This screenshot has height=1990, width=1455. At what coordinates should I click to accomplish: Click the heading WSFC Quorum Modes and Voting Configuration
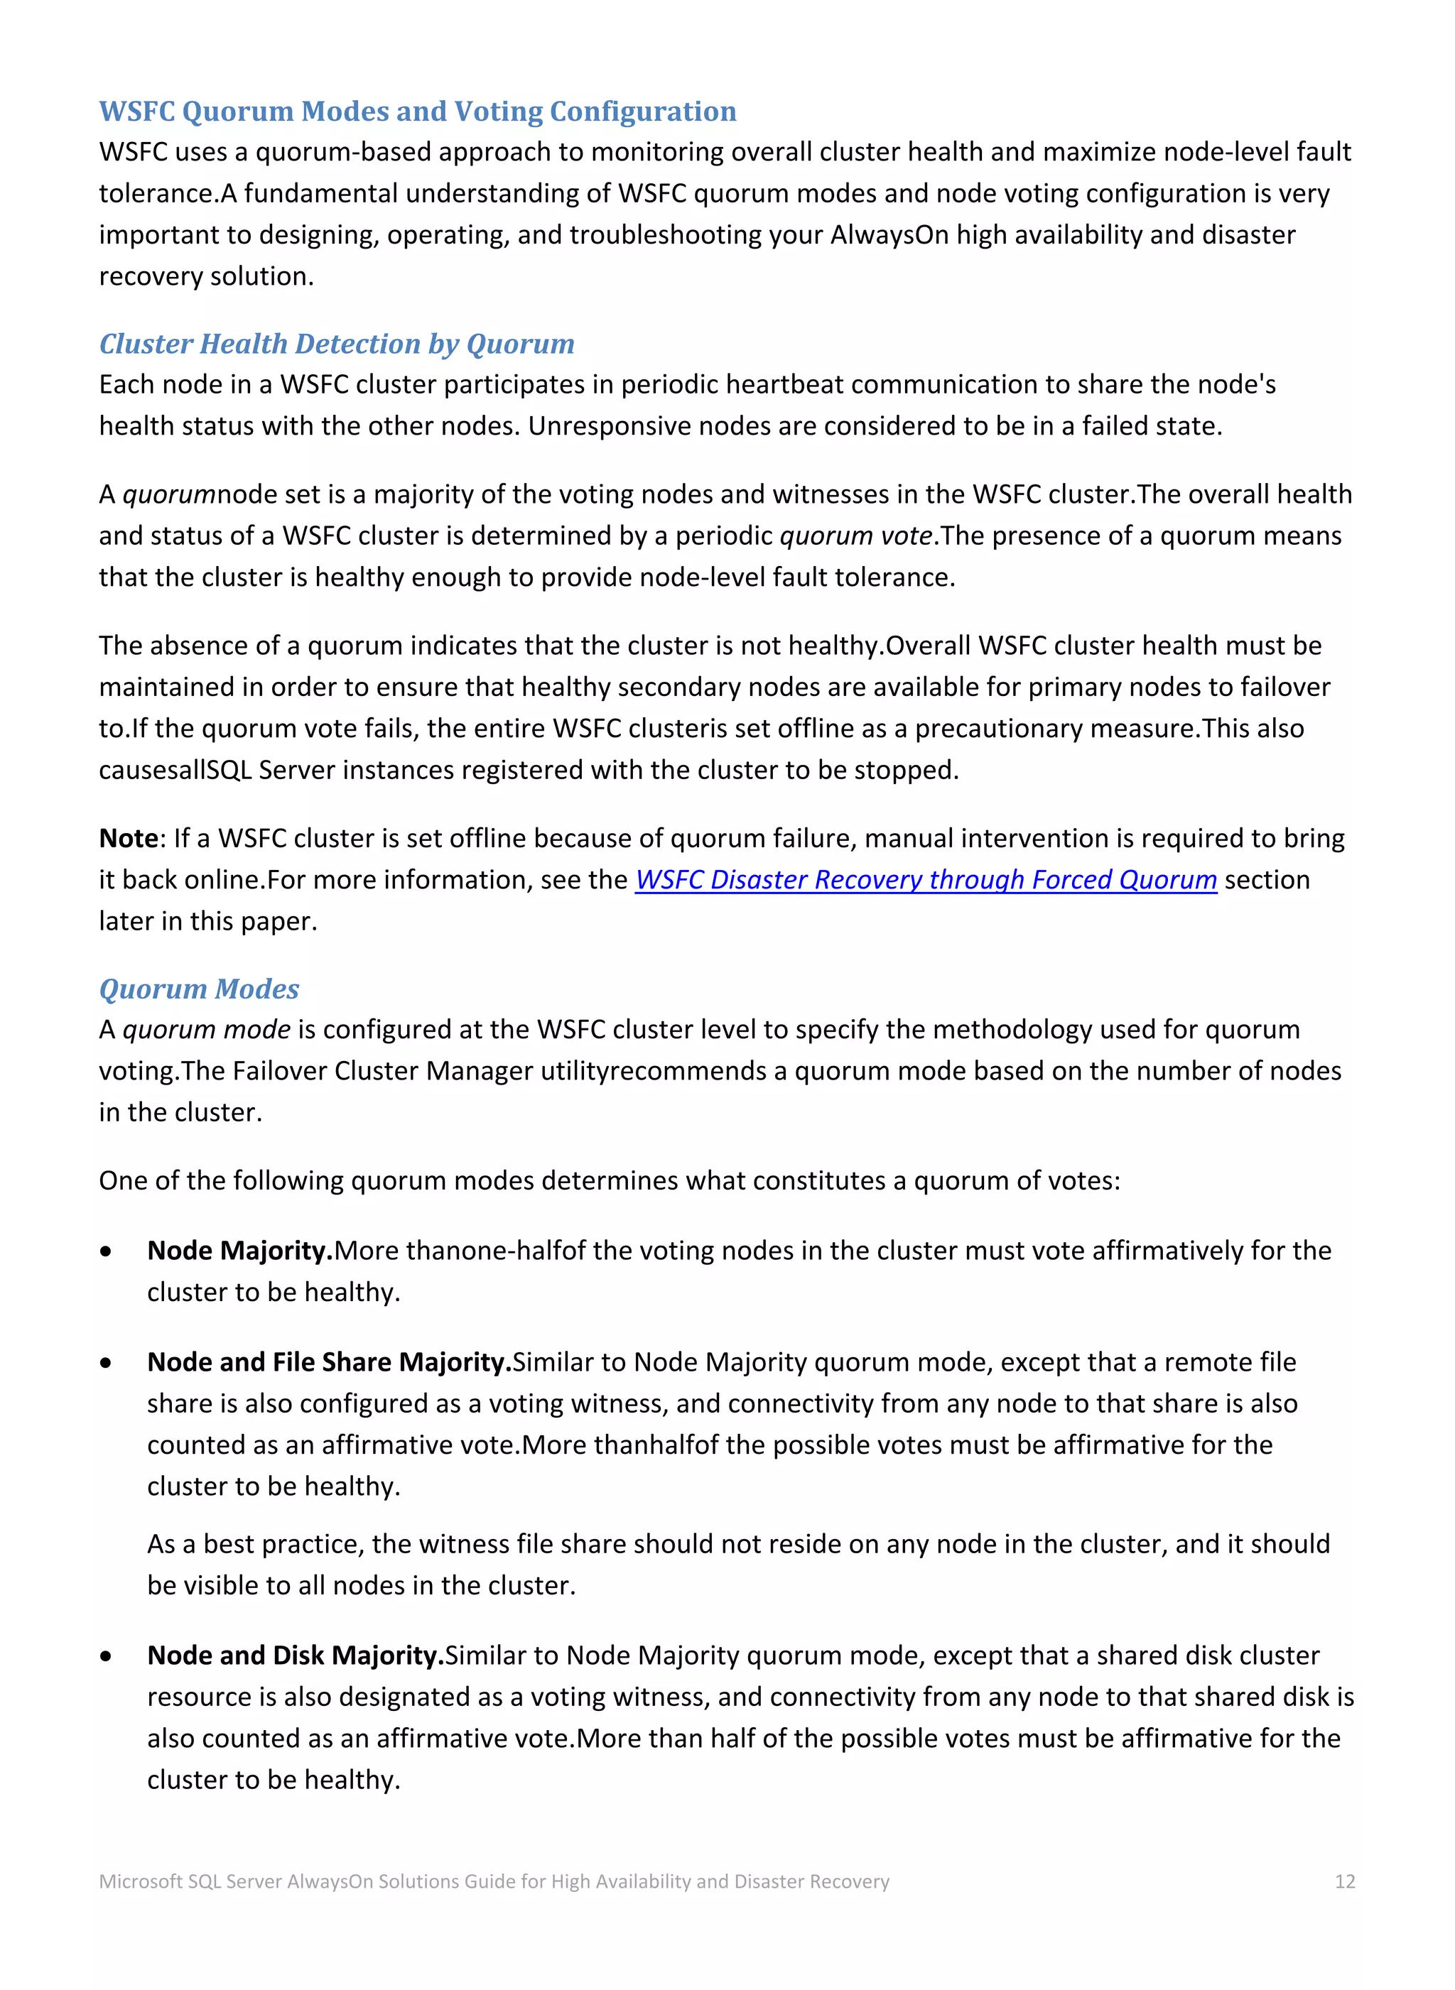418,112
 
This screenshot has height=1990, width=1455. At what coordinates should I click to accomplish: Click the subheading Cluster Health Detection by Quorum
337,344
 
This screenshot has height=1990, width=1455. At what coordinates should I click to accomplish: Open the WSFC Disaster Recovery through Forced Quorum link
926,880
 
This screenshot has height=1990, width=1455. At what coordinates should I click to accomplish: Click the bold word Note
128,838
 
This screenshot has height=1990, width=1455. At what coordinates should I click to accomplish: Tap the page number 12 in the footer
1345,1882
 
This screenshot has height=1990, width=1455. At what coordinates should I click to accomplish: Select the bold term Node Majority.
239,1251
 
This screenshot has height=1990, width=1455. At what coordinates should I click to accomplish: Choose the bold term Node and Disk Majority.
295,1655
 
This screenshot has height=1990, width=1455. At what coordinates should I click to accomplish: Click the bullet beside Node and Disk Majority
107,1656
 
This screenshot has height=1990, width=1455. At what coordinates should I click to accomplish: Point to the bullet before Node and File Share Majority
107,1363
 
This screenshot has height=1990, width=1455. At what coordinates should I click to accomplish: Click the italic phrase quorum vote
856,536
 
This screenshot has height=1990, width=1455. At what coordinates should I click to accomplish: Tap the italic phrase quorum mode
206,1029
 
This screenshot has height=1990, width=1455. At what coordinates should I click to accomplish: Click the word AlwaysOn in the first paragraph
889,235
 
